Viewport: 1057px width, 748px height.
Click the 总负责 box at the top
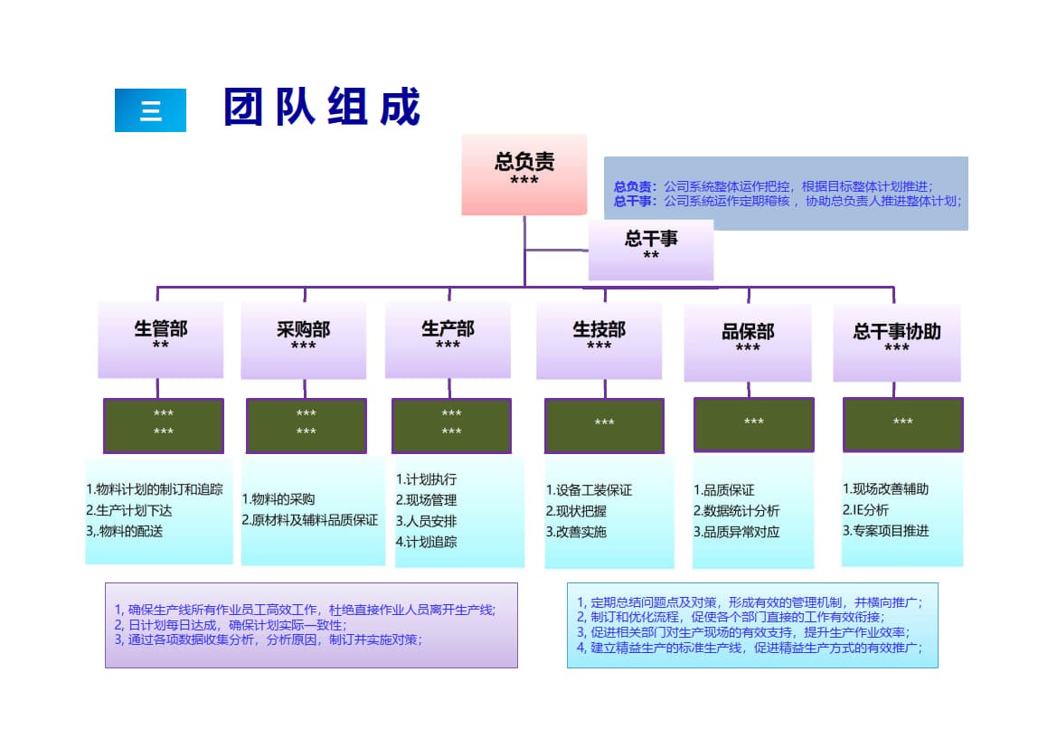[x=524, y=174]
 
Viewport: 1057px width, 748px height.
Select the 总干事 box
[x=651, y=249]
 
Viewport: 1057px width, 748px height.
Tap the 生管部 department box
[x=161, y=338]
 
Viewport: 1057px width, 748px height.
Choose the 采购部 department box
[x=304, y=338]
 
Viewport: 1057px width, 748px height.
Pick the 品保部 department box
[x=748, y=341]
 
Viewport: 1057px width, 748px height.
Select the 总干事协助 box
[x=897, y=341]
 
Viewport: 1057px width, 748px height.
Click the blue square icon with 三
[x=150, y=110]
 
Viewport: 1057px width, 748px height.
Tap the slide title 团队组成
[x=323, y=108]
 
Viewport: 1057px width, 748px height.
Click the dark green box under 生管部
[x=164, y=425]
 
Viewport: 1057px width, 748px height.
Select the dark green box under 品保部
[x=754, y=424]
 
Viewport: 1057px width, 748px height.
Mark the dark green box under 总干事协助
[x=902, y=424]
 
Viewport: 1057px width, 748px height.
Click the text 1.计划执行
[x=427, y=479]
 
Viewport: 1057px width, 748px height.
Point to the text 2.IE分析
[x=866, y=510]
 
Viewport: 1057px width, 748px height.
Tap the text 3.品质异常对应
[x=737, y=532]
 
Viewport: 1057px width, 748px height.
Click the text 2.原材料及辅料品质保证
[x=310, y=520]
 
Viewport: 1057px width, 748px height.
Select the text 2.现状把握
[x=577, y=511]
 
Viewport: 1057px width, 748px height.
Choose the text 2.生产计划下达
[x=129, y=510]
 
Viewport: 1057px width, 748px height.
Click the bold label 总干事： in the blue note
[x=636, y=201]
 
